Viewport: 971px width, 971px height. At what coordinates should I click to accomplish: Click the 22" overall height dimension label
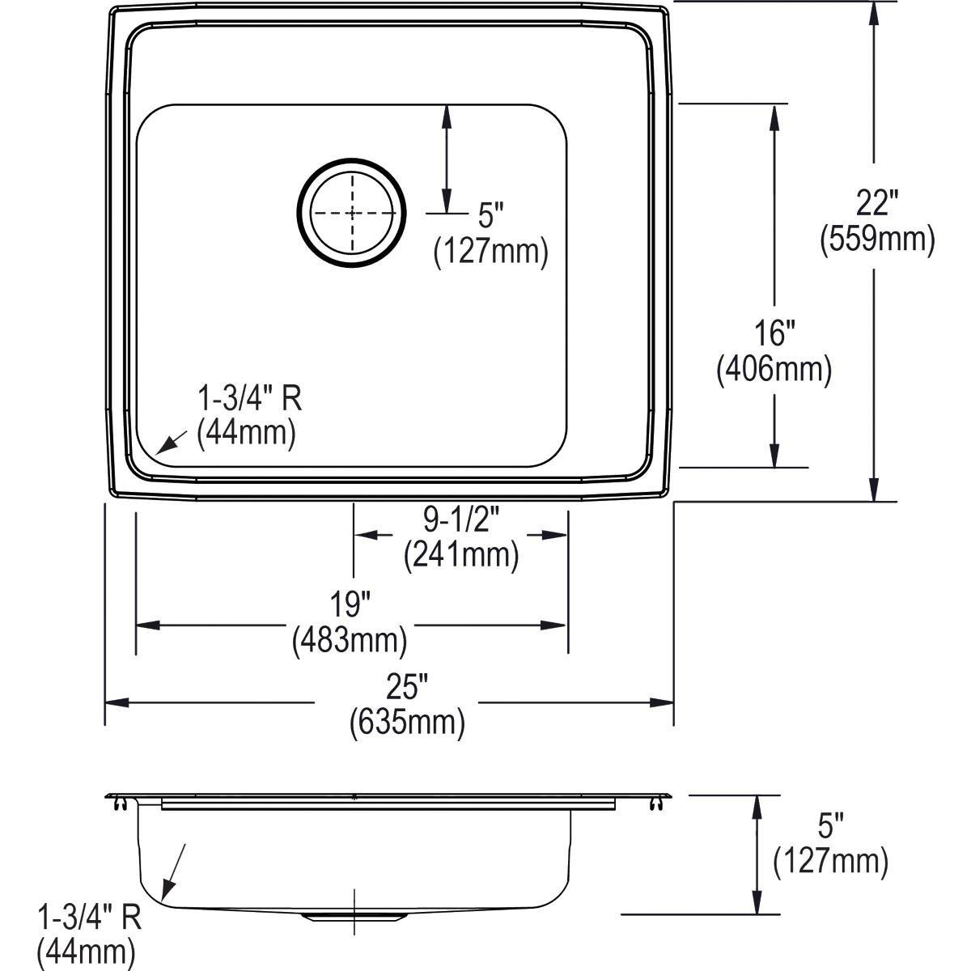coord(876,202)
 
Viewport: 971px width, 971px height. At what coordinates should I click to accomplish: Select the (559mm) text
coord(877,240)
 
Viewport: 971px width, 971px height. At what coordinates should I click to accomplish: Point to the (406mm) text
coord(774,369)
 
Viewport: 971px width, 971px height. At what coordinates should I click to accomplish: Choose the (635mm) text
coord(407,723)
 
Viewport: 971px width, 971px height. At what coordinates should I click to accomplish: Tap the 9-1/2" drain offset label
coord(460,518)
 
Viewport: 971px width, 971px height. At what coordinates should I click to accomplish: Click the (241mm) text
coord(460,554)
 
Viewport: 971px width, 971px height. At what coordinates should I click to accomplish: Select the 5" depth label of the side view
coord(830,827)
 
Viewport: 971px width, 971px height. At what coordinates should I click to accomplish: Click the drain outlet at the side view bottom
coord(354,915)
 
